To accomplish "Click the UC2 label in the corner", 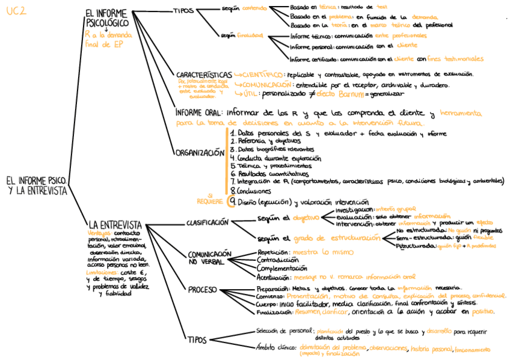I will (x=16, y=11).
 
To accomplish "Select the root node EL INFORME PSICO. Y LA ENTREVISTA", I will (x=37, y=185).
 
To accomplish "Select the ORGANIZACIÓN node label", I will (x=200, y=153).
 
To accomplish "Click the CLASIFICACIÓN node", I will (x=207, y=222).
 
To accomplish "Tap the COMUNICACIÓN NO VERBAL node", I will (x=209, y=258).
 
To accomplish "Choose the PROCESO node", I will (x=202, y=290).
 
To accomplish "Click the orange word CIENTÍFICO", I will (x=262, y=74).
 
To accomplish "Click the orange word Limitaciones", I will (x=101, y=272).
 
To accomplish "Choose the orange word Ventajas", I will (x=99, y=233).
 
